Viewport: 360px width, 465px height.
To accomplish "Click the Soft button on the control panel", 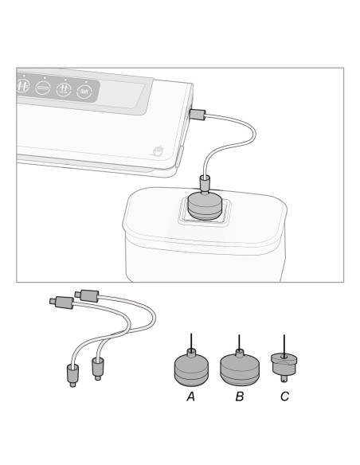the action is pos(84,92).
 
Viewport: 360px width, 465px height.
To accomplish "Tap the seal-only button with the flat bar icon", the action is pos(43,88).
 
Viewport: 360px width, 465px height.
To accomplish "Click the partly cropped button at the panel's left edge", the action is pos(22,86).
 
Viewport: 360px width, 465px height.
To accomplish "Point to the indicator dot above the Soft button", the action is pos(86,81).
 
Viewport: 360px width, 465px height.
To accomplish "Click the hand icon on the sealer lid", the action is pos(158,150).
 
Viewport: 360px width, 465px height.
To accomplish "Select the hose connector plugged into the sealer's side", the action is pos(198,114).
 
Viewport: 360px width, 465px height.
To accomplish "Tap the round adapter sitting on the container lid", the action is pos(205,206).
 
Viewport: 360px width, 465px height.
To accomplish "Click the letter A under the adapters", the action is pos(190,397).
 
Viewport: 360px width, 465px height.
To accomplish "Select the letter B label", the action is pos(240,397).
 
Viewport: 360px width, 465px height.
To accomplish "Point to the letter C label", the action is pos(284,397).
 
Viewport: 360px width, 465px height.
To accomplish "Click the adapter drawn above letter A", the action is pos(191,368).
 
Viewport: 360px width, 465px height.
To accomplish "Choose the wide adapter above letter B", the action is pos(240,368).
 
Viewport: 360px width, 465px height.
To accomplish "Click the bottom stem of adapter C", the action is pos(284,378).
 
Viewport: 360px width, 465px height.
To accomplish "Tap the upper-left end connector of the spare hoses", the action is pos(61,303).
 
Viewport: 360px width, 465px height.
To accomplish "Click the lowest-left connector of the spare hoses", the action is pos(73,376).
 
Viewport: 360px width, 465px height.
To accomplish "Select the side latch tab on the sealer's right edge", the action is pos(180,156).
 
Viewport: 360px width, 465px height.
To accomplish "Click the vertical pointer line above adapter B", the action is pos(239,343).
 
